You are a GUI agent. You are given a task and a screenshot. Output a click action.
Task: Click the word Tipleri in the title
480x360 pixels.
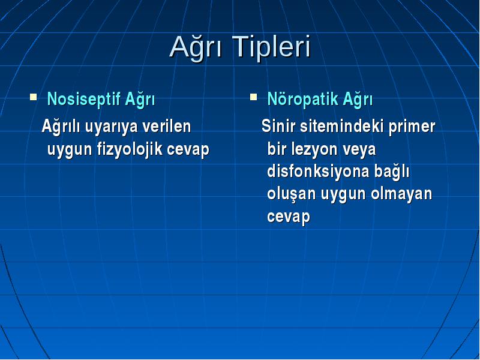[x=271, y=47]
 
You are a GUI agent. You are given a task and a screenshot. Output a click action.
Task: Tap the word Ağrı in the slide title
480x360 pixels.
[x=196, y=47]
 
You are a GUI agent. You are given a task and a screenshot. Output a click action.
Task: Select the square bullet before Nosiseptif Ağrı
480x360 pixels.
[x=34, y=97]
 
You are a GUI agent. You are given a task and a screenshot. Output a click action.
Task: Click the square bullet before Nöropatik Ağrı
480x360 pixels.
[x=253, y=97]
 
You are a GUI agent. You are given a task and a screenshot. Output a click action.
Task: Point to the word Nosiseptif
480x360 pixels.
[x=83, y=100]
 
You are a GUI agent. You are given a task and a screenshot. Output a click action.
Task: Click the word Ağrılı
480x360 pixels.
[x=61, y=127]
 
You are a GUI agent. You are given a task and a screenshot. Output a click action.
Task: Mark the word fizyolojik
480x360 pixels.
[x=130, y=150]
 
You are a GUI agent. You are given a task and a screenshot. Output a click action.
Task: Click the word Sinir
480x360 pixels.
[x=278, y=126]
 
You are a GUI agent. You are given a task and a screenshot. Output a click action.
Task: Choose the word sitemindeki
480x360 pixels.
[x=341, y=126]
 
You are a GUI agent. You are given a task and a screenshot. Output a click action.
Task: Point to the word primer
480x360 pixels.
[x=412, y=127]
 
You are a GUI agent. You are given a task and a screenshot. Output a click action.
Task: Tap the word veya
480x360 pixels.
[x=359, y=151]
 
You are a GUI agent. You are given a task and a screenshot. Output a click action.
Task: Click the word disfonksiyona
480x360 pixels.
[x=318, y=172]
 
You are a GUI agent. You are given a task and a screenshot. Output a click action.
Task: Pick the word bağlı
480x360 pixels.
[x=392, y=172]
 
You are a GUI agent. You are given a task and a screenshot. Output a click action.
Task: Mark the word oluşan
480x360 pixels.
[x=292, y=194]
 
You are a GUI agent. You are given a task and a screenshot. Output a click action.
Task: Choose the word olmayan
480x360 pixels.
[x=401, y=194]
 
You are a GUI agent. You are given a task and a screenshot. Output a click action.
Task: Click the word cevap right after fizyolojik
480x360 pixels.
[x=188, y=151]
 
